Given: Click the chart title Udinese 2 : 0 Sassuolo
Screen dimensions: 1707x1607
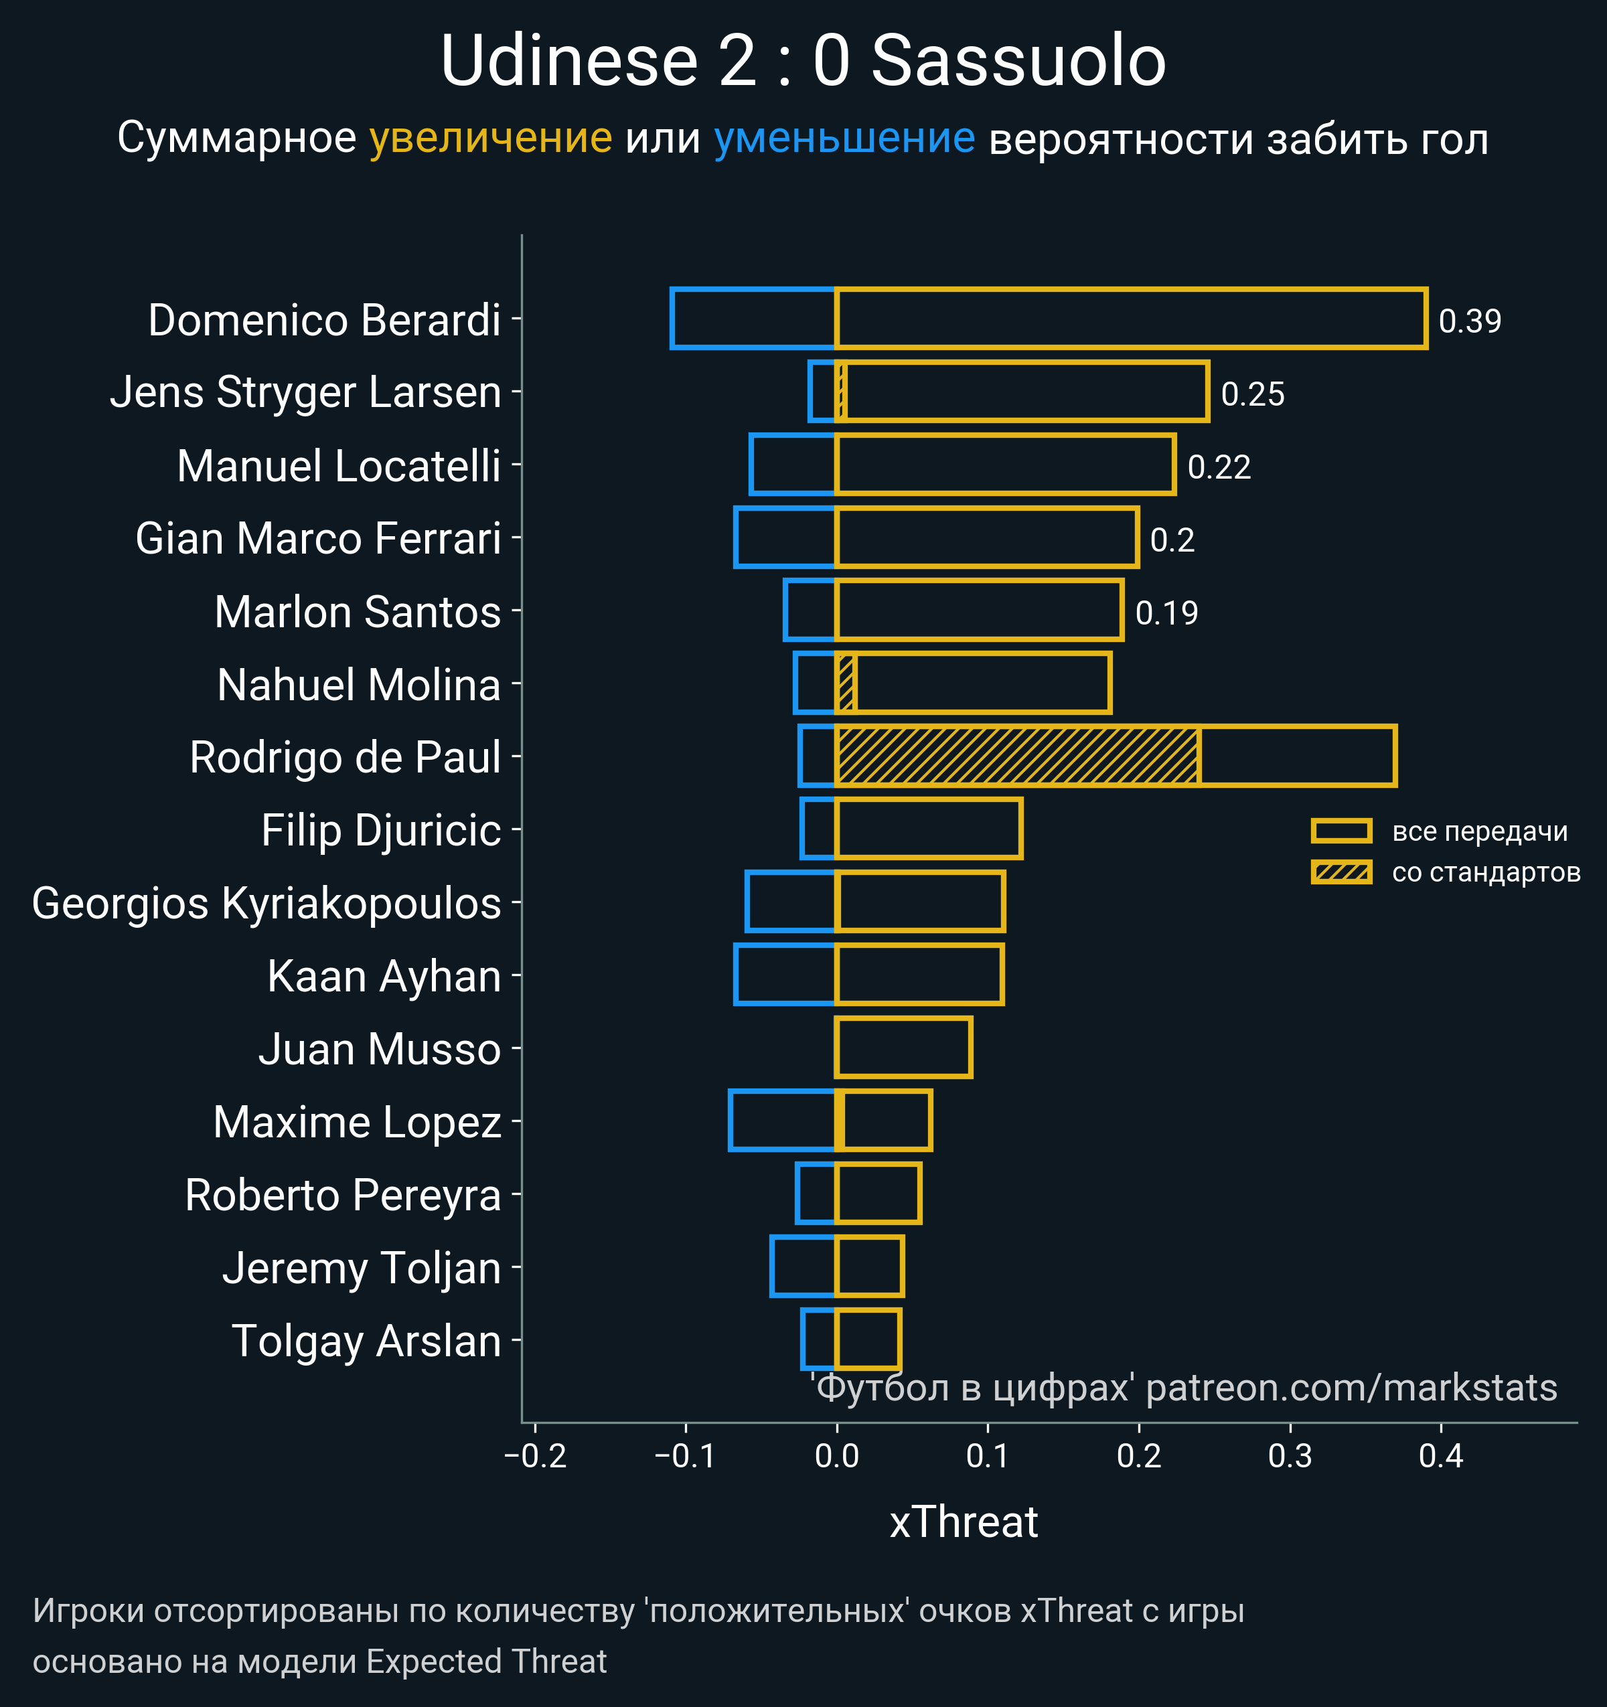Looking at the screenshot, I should (x=803, y=62).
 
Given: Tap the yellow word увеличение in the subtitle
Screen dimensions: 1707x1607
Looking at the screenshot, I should (x=490, y=139).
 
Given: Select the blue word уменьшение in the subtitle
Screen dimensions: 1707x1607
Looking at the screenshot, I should (x=844, y=139).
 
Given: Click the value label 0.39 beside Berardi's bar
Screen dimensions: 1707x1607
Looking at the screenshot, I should (x=1470, y=321).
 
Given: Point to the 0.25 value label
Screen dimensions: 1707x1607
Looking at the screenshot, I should (x=1252, y=394).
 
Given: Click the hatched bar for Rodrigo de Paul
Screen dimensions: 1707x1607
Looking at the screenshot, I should (x=1017, y=756).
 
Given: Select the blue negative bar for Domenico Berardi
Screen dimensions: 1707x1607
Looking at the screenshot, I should (x=753, y=319).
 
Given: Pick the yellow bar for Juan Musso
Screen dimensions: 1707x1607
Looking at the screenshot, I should (x=903, y=1047).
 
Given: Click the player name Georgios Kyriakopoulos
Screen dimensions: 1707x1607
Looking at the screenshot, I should (x=266, y=903).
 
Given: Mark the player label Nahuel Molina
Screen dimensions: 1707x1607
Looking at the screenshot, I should (x=358, y=684).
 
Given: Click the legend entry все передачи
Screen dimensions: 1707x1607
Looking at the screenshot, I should (x=1479, y=831).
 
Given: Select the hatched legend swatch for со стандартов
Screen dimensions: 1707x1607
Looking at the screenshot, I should (x=1341, y=872).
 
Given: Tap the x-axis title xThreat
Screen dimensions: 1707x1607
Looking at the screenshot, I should (x=964, y=1522).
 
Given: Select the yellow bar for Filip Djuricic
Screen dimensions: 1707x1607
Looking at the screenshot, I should (x=929, y=829).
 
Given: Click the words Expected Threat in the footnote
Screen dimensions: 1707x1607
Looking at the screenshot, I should (x=486, y=1661).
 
